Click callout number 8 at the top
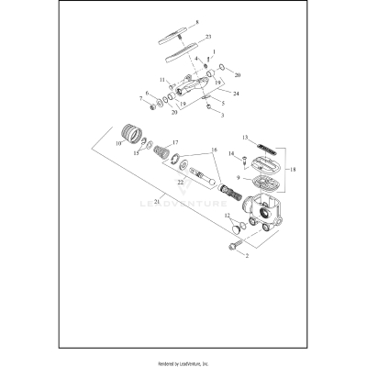pos(195,21)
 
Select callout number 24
pos(236,94)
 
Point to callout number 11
pos(162,80)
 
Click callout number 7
pos(140,97)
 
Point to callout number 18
pos(293,171)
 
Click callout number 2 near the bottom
pos(245,256)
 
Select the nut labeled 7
pos(148,99)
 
